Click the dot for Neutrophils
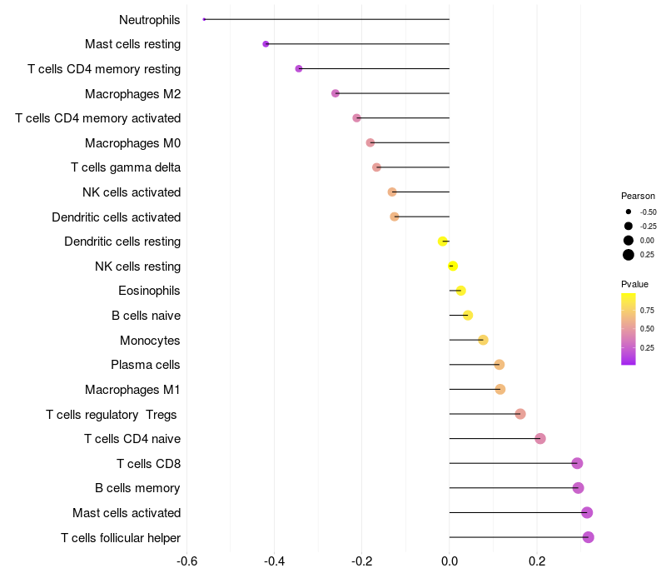tap(204, 19)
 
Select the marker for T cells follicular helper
tap(588, 537)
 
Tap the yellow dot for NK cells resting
tap(452, 267)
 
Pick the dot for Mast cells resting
tap(266, 44)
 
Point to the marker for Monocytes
tap(483, 340)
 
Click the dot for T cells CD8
tap(577, 463)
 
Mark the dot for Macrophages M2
tap(335, 93)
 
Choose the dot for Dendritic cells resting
tap(443, 242)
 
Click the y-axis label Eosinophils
tap(150, 291)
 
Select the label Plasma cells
tap(146, 365)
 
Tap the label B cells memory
tap(138, 488)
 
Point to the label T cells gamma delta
tap(126, 167)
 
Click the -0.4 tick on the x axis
tap(274, 561)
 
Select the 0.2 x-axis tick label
tap(536, 561)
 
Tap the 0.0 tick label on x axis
tap(449, 561)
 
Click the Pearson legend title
tap(638, 196)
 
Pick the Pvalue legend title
tap(634, 284)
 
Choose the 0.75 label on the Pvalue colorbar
tap(647, 308)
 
